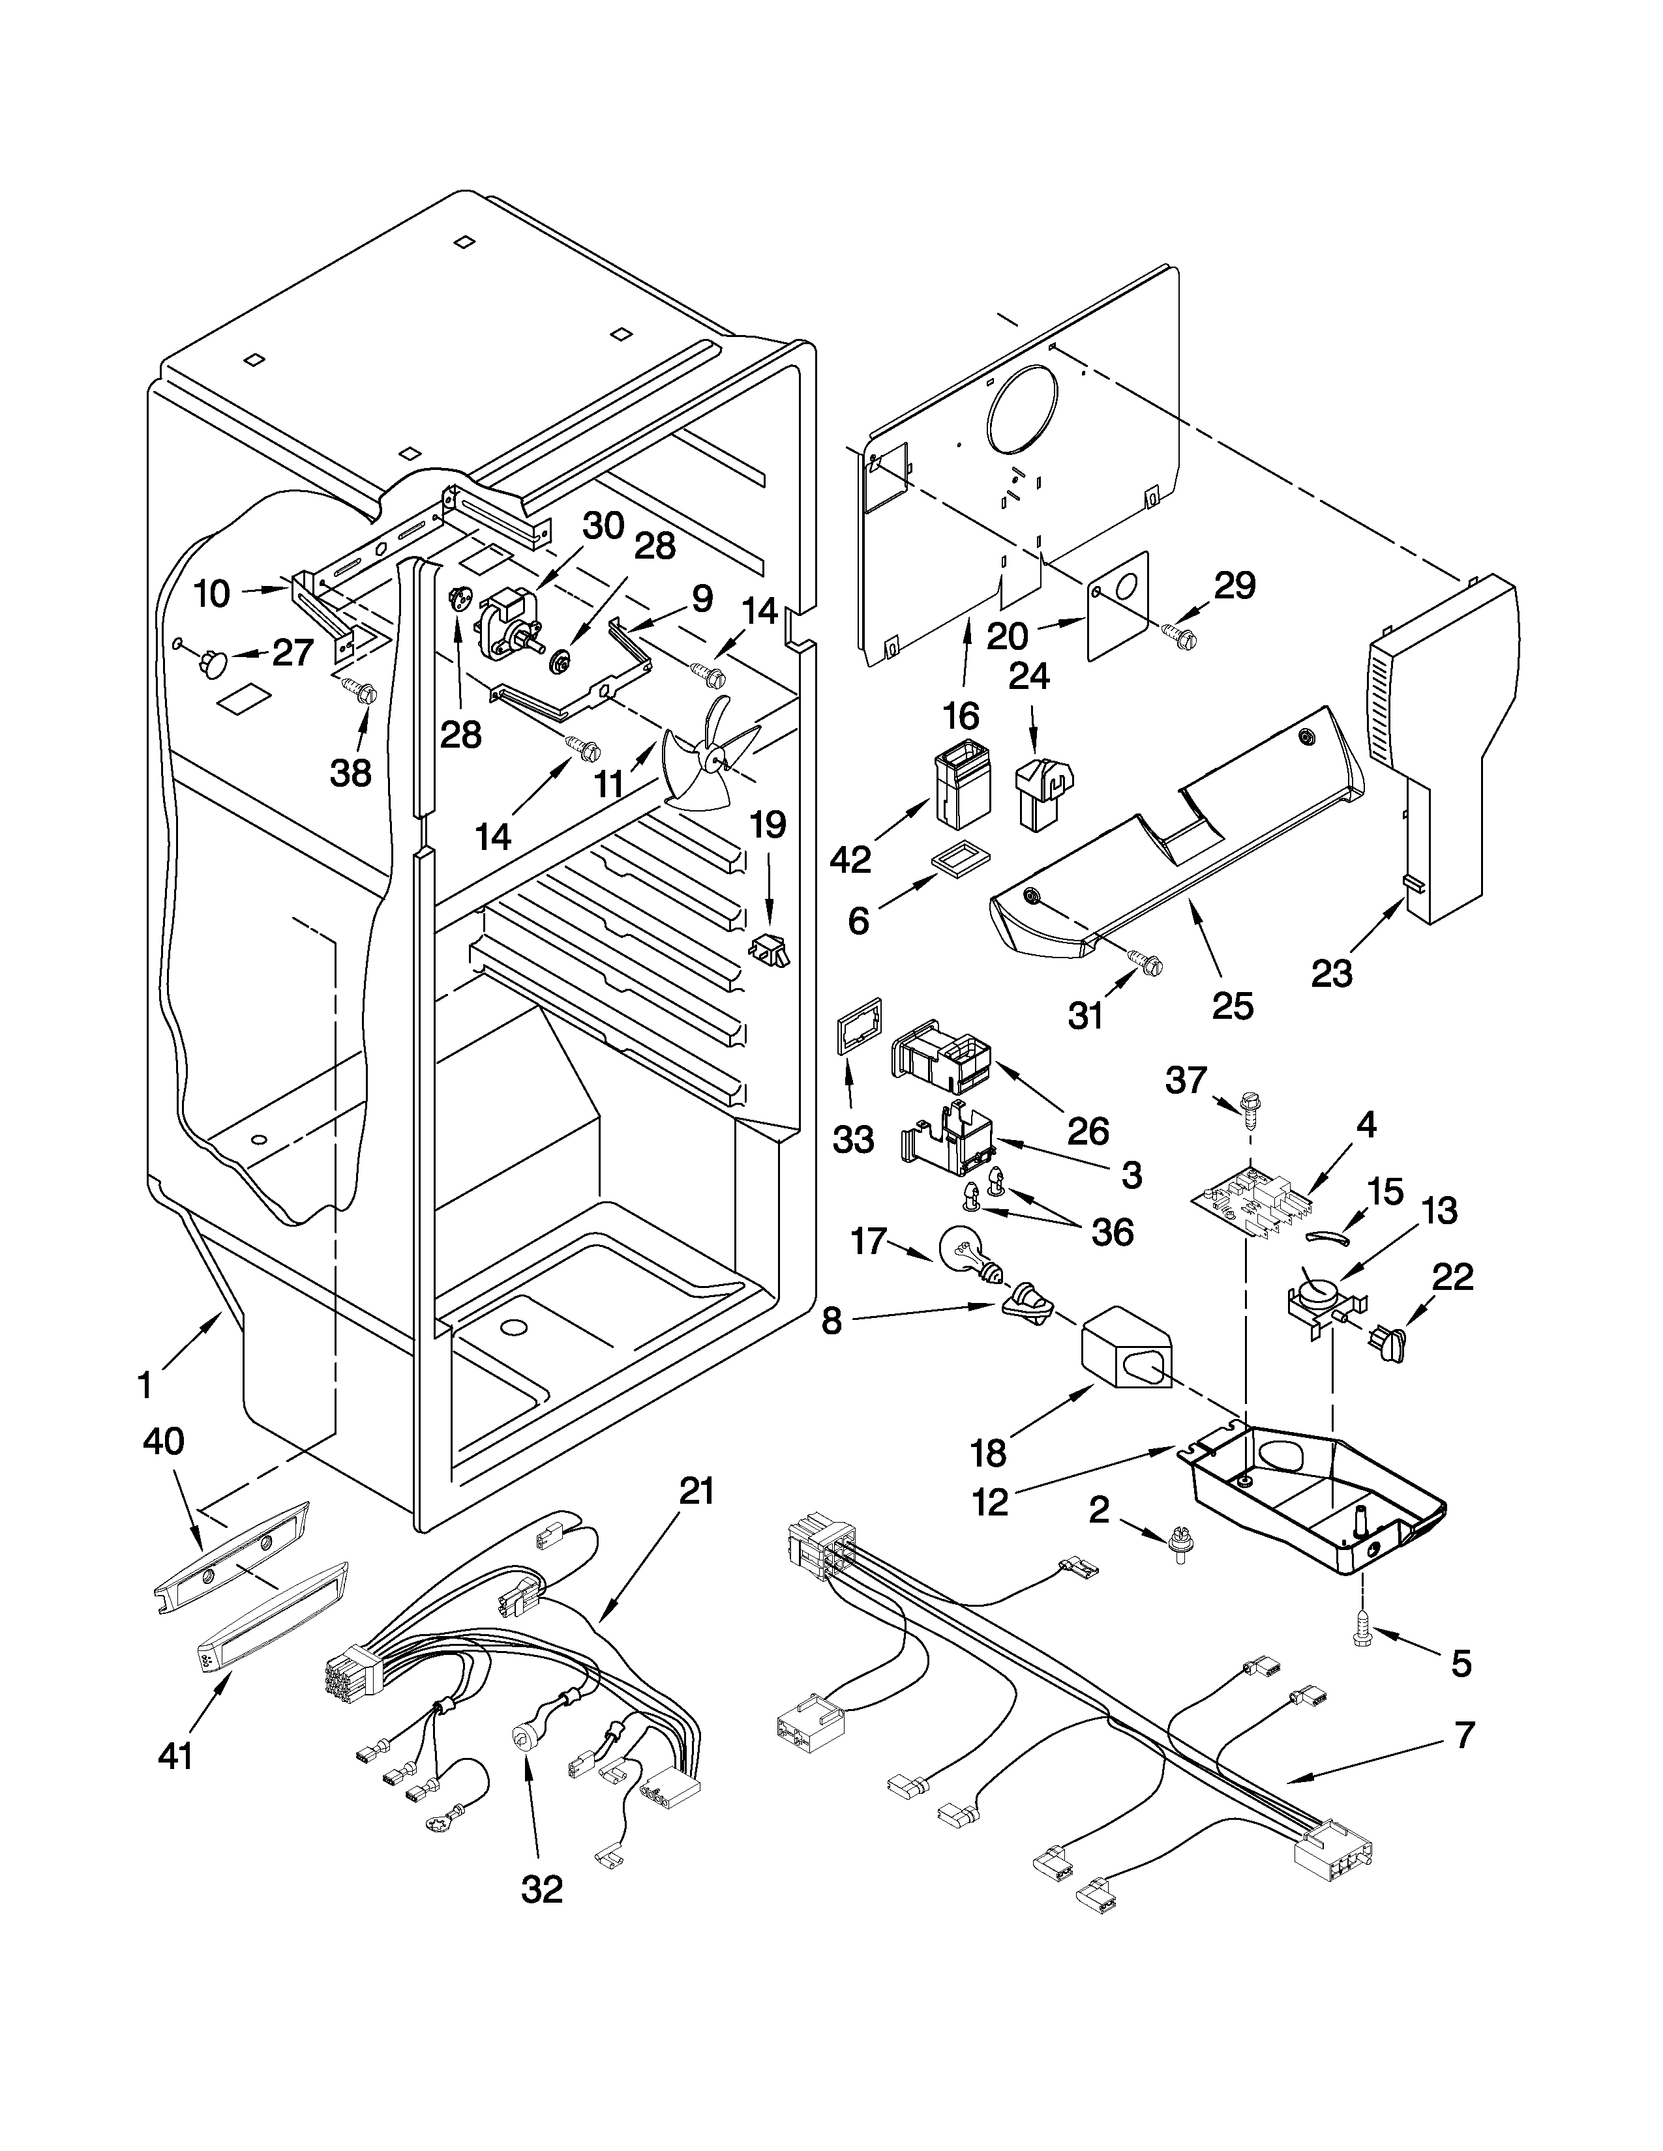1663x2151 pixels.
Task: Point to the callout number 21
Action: (x=696, y=1491)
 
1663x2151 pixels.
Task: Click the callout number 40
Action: (x=164, y=1442)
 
